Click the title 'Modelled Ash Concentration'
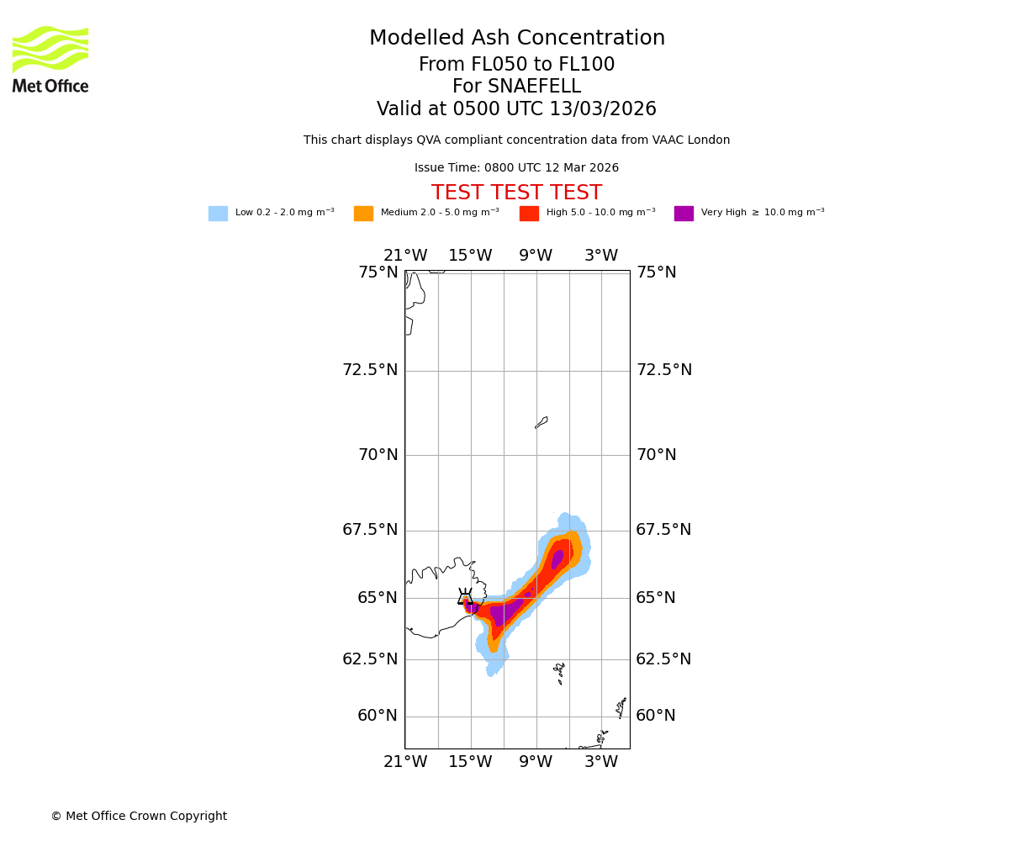[516, 39]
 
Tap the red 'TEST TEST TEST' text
[516, 193]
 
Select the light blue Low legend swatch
[218, 214]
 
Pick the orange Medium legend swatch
[363, 214]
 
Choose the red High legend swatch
[529, 214]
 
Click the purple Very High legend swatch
[684, 214]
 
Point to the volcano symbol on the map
[465, 597]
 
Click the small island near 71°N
[541, 422]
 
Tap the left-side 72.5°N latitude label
[370, 370]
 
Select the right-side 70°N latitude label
[657, 455]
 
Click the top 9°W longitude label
[536, 256]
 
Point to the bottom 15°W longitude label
[470, 762]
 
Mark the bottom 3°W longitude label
[601, 762]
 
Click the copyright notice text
[139, 817]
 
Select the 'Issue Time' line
[516, 168]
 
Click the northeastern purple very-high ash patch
[557, 559]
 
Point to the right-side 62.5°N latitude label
[663, 659]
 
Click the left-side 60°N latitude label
[378, 716]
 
